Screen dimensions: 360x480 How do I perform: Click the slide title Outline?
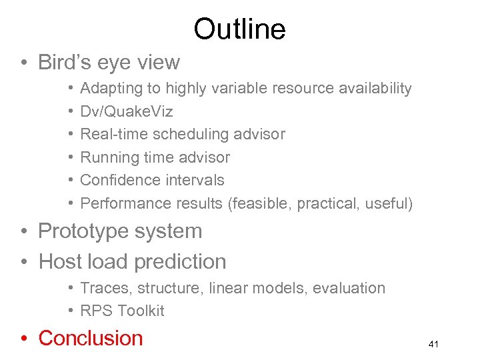(x=239, y=29)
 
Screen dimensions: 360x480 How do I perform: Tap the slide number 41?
(x=433, y=344)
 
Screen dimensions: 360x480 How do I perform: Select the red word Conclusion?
(x=91, y=338)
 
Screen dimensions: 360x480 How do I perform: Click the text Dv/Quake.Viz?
(x=127, y=111)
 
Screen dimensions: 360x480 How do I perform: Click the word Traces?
(x=100, y=288)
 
